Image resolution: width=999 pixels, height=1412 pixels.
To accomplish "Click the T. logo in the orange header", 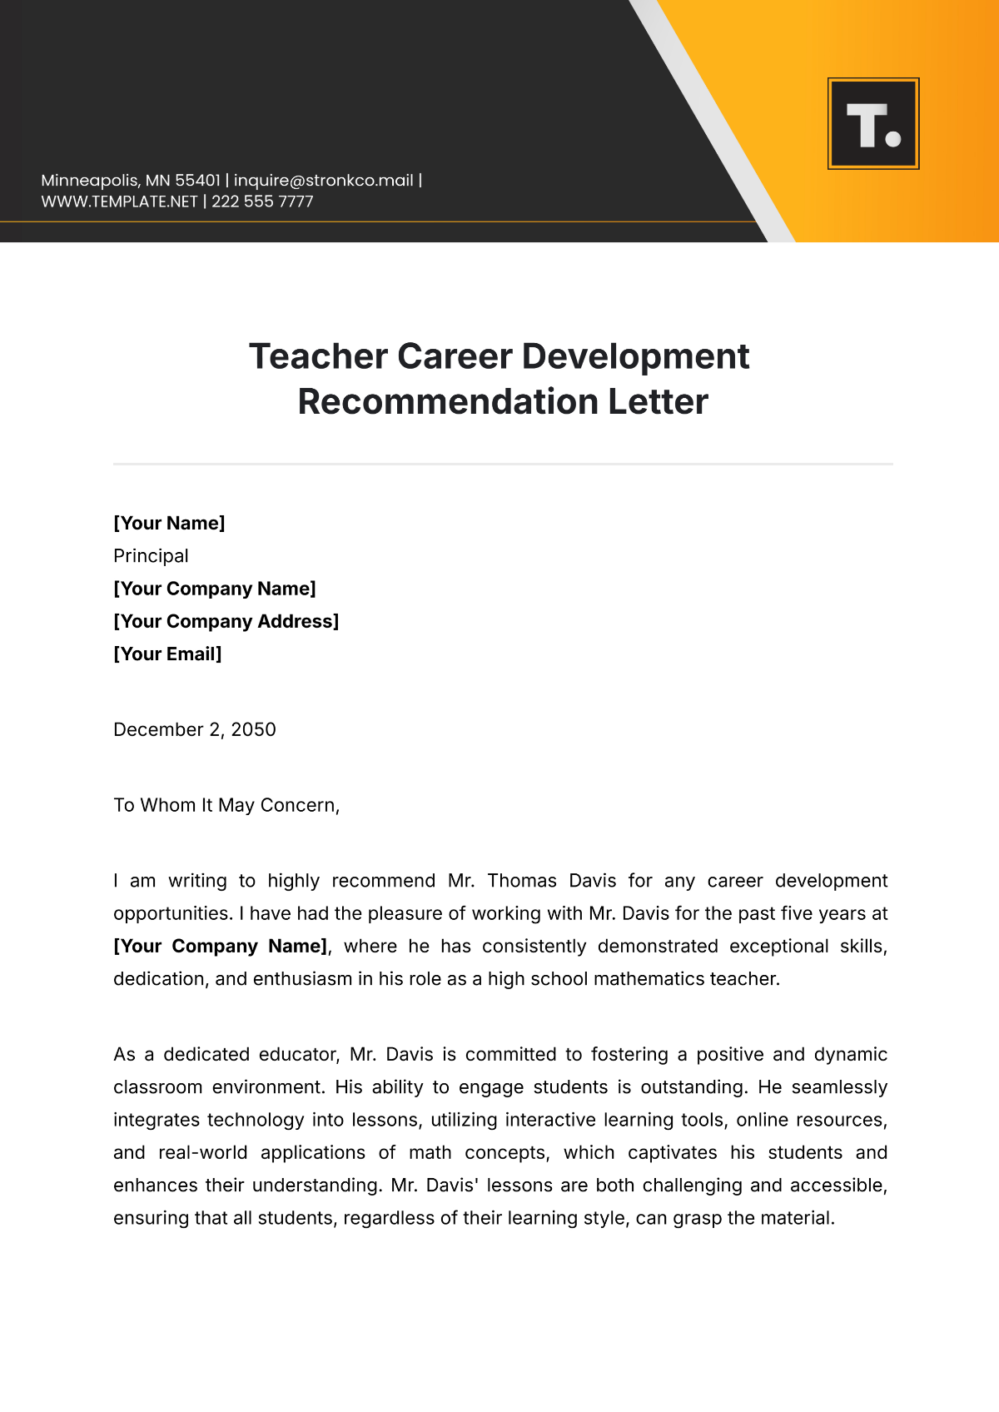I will point(873,124).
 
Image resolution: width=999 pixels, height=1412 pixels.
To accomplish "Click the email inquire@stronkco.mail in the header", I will point(323,181).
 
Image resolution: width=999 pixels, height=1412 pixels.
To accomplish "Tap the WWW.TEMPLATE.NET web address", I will point(119,201).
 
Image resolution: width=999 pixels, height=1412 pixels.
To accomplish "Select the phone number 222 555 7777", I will point(262,201).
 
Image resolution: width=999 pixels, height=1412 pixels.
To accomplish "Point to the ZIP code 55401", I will point(197,181).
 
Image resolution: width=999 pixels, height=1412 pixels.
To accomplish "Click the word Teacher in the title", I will point(318,356).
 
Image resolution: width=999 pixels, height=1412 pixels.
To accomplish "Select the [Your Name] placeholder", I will point(169,523).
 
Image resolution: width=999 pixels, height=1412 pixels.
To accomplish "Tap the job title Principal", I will point(151,555).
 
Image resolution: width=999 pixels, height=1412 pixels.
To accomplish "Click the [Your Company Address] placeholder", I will point(226,621).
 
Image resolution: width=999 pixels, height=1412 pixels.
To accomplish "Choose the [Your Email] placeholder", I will point(167,654).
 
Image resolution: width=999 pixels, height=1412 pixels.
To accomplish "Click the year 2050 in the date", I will point(253,729).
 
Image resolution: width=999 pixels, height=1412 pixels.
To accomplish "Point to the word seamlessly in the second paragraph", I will point(839,1087).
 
